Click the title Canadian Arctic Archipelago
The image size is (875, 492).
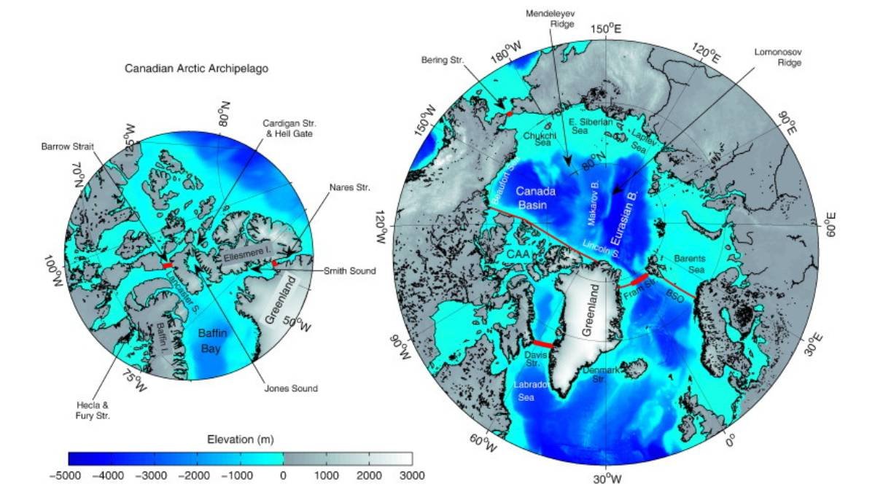pos(192,70)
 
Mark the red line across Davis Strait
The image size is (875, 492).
pos(543,343)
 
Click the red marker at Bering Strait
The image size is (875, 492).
pos(510,114)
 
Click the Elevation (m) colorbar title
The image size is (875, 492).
pos(240,439)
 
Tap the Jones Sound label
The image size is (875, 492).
pos(292,388)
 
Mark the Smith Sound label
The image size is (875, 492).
pos(350,271)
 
